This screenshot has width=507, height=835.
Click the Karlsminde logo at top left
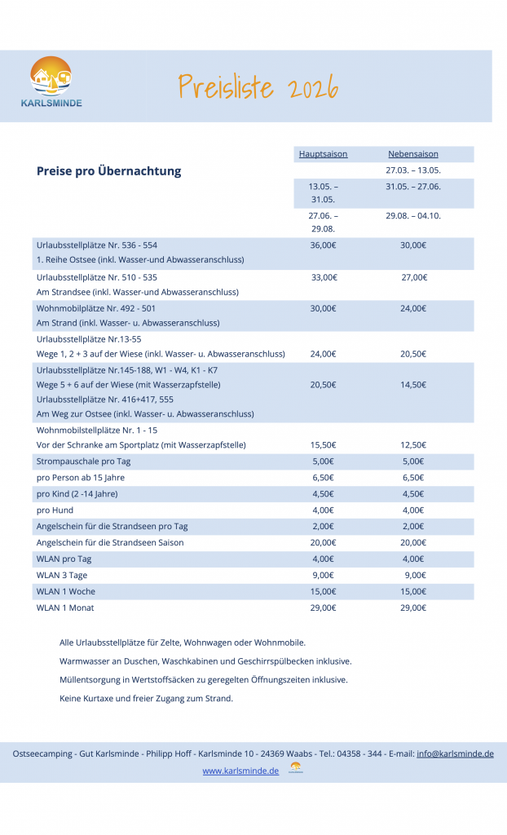[51, 82]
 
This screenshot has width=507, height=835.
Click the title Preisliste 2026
[258, 86]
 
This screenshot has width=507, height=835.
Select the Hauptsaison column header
[323, 153]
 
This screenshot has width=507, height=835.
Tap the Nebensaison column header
[412, 153]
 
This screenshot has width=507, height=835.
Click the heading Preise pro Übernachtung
[108, 171]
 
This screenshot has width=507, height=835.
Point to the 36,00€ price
[323, 245]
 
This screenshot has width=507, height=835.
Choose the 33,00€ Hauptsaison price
[324, 277]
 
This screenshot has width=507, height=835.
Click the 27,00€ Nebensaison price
[414, 277]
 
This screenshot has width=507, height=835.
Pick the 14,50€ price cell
[413, 384]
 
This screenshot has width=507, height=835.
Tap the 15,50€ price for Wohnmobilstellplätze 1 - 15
[323, 445]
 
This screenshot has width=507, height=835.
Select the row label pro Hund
[55, 510]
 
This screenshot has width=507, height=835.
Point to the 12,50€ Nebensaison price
[413, 445]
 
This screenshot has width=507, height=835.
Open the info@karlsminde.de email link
[455, 754]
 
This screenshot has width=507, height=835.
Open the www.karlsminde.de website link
[240, 771]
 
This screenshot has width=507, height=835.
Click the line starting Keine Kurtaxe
[146, 698]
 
